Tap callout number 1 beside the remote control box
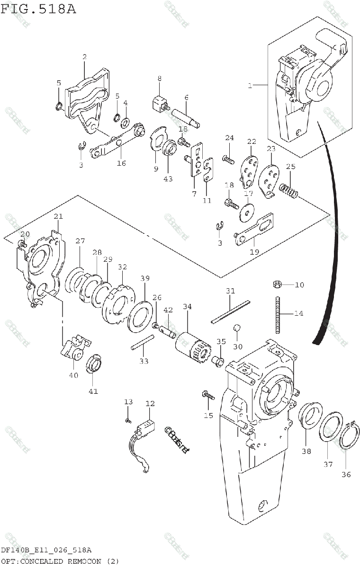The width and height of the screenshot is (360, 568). (249, 86)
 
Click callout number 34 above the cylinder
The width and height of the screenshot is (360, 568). (187, 307)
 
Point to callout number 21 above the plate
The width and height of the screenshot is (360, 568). (58, 217)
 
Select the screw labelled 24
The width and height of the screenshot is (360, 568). (228, 160)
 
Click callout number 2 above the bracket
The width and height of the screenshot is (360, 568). (84, 57)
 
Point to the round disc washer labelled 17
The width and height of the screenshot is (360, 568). (247, 212)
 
